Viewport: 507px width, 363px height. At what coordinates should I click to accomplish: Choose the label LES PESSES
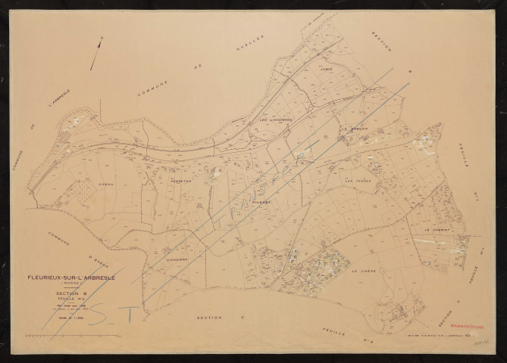358,181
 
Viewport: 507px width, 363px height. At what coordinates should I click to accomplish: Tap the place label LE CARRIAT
437,229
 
